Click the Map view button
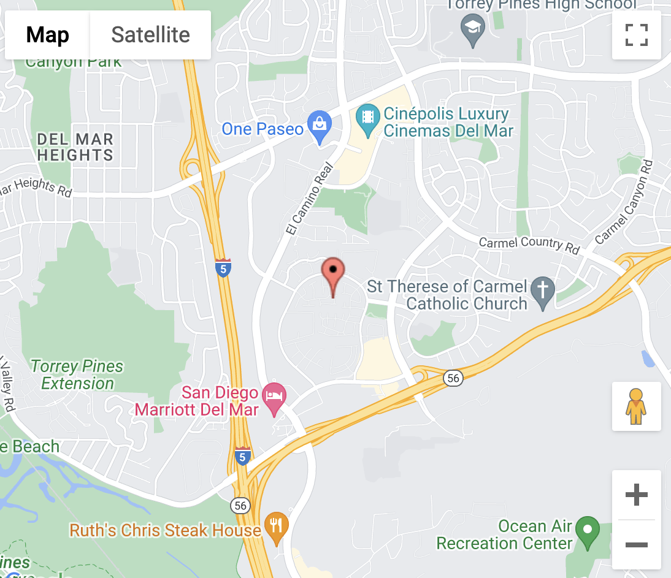pos(47,35)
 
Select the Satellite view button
pos(150,35)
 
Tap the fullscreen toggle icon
pos(636,35)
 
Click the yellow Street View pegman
pos(636,406)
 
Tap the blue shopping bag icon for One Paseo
pos(319,126)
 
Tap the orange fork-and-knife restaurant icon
pos(276,527)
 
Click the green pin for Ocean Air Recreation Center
pos(589,531)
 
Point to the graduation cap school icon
pos(473,29)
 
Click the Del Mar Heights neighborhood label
pos(75,147)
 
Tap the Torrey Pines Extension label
pos(77,375)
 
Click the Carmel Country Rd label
pos(529,244)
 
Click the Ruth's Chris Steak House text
pos(165,530)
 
